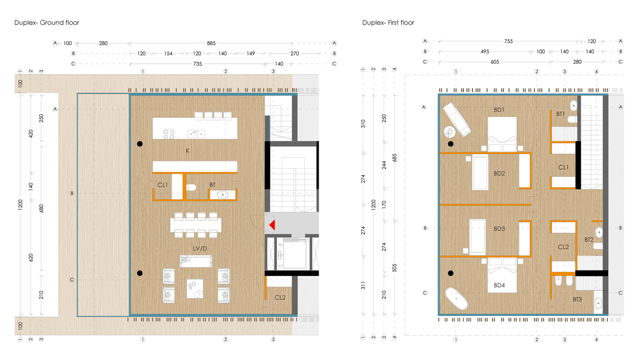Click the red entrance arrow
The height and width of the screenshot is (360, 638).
(272, 225)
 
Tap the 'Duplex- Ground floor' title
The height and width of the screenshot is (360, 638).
(47, 22)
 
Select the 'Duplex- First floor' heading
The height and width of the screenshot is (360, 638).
(388, 22)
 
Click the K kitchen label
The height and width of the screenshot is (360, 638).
(187, 151)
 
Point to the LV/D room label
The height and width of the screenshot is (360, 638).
(200, 249)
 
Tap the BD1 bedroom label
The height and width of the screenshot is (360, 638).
(499, 110)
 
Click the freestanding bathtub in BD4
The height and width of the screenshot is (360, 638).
(456, 299)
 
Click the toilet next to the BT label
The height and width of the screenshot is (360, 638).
(191, 186)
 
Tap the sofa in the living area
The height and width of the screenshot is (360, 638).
(196, 261)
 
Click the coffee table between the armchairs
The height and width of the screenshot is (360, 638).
(196, 288)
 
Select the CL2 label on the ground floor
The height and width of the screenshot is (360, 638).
(280, 297)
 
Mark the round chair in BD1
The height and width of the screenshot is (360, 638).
(449, 131)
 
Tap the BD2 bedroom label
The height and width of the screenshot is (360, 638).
(499, 174)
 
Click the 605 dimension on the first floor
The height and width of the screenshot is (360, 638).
(494, 62)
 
